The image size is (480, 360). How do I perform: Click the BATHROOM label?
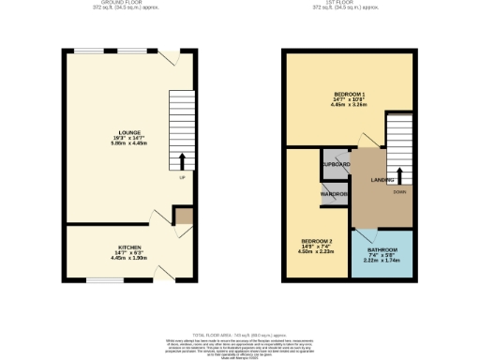382,249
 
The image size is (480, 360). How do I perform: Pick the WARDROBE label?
335,194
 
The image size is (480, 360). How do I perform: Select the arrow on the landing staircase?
400,174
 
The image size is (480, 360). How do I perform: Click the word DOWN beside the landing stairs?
398,191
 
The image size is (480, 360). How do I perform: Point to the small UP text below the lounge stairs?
182,177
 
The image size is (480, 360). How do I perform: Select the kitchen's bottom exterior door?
165,273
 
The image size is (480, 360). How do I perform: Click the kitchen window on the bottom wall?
102,279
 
